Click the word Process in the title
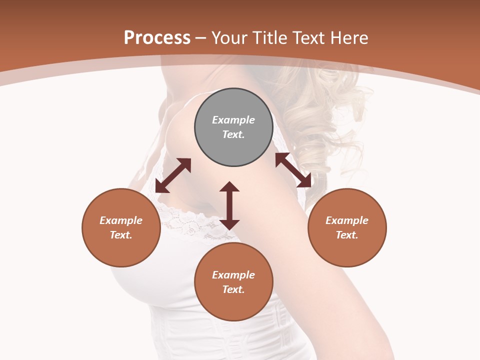pyautogui.click(x=157, y=38)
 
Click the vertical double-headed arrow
pyautogui.click(x=229, y=205)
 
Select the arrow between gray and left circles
pyautogui.click(x=173, y=175)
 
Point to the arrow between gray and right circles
pyautogui.click(x=293, y=170)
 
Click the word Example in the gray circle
pyautogui.click(x=233, y=120)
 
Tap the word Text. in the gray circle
pyautogui.click(x=233, y=134)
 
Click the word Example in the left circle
pyautogui.click(x=121, y=220)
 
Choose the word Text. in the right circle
pyautogui.click(x=347, y=235)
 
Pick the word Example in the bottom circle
pyautogui.click(x=233, y=275)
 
